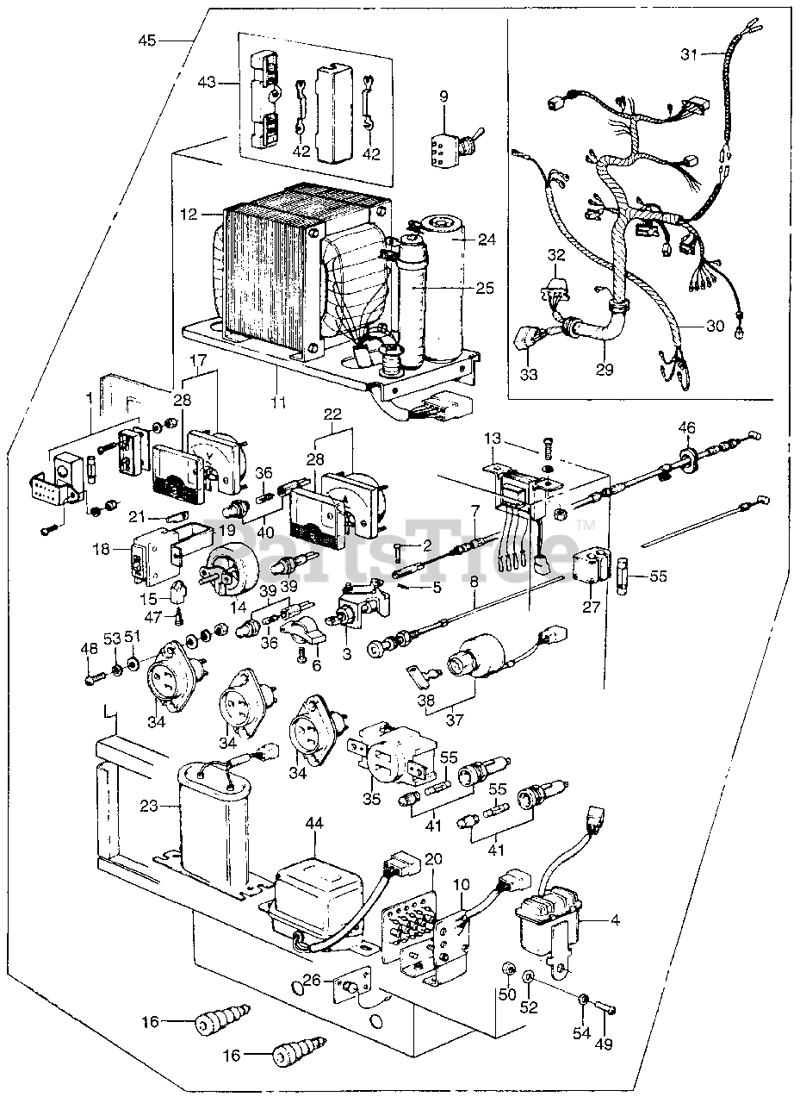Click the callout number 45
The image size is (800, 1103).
tap(147, 40)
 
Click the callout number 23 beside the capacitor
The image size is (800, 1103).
tap(149, 807)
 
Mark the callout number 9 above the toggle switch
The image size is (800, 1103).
tap(443, 97)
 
